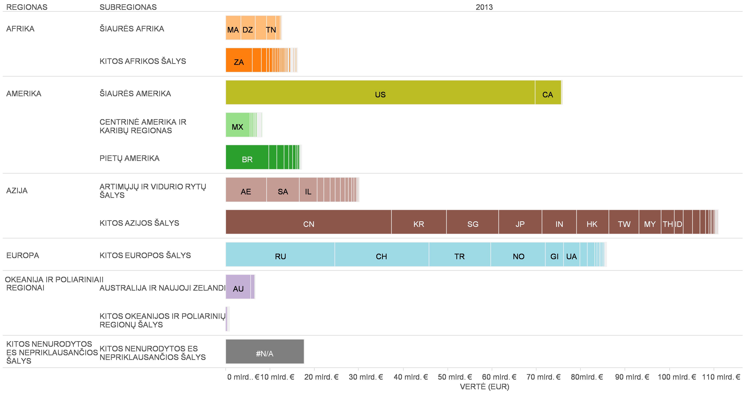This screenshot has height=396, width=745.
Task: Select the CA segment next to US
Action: coord(548,93)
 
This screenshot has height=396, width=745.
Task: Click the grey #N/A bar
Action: coord(265,351)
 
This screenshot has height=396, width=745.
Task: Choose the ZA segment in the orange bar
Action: coord(239,60)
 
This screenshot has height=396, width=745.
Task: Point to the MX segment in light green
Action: coord(237,125)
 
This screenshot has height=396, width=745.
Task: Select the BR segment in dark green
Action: coord(247,157)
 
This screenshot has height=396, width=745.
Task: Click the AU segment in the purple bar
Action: coord(238,287)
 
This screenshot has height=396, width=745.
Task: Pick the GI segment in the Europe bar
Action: coord(554,255)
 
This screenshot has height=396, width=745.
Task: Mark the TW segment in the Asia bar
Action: coord(624,222)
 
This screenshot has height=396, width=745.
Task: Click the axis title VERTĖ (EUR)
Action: coord(484,387)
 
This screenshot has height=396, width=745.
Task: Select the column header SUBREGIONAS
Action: coord(128,7)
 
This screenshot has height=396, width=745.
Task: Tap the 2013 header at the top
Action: coord(484,7)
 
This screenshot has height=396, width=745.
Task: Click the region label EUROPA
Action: coord(22,255)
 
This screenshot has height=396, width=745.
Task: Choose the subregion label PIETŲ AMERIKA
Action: coord(129,158)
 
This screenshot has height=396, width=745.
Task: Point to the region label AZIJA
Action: coord(17,191)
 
